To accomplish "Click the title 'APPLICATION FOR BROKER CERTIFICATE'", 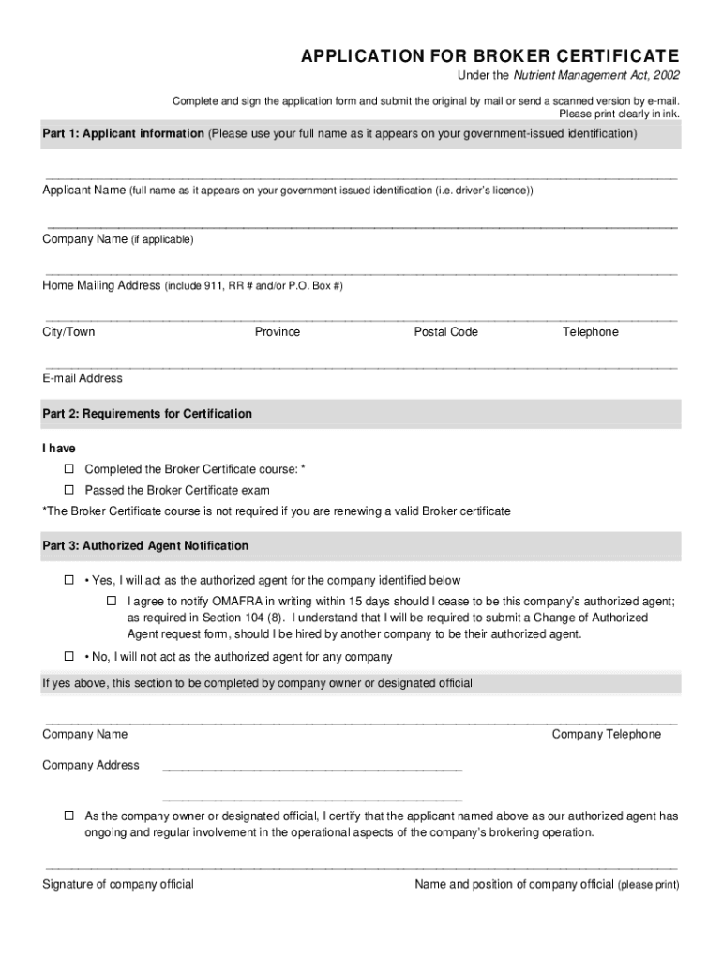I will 490,56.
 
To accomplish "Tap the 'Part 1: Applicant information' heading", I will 123,134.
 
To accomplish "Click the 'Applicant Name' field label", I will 84,191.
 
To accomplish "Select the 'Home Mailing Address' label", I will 101,285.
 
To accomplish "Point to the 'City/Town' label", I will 68,332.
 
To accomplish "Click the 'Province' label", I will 278,332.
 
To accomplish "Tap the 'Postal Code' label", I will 446,332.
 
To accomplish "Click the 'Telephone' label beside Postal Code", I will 591,332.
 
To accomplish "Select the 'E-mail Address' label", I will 83,379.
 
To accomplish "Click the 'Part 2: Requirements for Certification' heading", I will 147,414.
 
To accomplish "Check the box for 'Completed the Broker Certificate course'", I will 68,468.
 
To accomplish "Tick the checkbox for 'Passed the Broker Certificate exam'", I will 68,490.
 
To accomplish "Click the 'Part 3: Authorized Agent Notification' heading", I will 145,546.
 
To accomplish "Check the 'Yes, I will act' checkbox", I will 68,581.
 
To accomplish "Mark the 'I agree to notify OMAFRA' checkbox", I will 111,601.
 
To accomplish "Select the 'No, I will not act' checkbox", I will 68,657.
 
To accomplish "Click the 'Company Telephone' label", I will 607,735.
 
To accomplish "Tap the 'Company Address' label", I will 91,766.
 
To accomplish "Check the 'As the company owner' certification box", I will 68,816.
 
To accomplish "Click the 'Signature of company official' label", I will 118,885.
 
